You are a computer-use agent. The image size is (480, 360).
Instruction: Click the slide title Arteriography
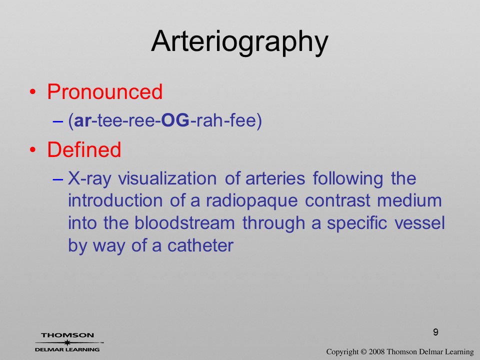pyautogui.click(x=239, y=42)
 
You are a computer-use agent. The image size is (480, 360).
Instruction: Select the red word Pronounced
pyautogui.click(x=104, y=91)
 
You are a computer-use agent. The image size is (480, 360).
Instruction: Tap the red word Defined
pyautogui.click(x=84, y=149)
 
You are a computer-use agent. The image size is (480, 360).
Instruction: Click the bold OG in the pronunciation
pyautogui.click(x=175, y=120)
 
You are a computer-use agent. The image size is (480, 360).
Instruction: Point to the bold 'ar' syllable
pyautogui.click(x=82, y=121)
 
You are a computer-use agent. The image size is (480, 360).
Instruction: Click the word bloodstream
pyautogui.click(x=184, y=223)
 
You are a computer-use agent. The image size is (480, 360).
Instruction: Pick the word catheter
pyautogui.click(x=200, y=245)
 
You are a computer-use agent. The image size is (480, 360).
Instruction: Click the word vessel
pyautogui.click(x=419, y=223)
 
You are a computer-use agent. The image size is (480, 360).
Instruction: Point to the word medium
pyautogui.click(x=409, y=200)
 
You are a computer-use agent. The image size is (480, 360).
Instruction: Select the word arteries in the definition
pyautogui.click(x=275, y=178)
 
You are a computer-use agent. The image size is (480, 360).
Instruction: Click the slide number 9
pyautogui.click(x=435, y=332)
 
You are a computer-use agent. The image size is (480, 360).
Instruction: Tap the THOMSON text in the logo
pyautogui.click(x=67, y=335)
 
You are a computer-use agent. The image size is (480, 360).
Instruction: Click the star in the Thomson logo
pyautogui.click(x=67, y=342)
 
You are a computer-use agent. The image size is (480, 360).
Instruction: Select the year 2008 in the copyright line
pyautogui.click(x=376, y=351)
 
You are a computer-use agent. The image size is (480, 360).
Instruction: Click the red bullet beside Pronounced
pyautogui.click(x=33, y=92)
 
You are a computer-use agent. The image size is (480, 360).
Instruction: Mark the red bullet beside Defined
pyautogui.click(x=33, y=149)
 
